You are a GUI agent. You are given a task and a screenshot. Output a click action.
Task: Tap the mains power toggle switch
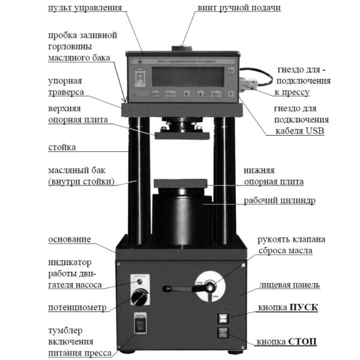point(139,324)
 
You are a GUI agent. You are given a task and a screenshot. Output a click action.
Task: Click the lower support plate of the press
point(181,184)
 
